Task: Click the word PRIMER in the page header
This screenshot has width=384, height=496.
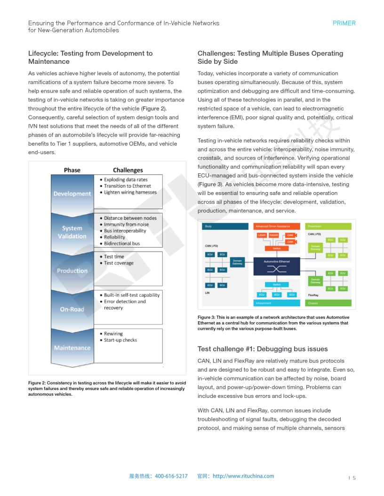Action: (344, 23)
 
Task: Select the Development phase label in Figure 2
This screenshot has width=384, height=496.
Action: (72, 194)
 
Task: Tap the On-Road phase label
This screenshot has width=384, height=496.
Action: (72, 309)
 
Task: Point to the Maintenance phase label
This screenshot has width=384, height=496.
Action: (72, 348)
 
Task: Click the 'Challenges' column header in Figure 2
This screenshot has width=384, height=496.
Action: (128, 170)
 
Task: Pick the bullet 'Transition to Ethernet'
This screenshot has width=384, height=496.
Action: (127, 186)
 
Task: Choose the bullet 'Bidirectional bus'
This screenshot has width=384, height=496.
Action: (121, 244)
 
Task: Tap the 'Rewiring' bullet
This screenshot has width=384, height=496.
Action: (113, 333)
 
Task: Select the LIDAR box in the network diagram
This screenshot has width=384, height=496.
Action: (261, 235)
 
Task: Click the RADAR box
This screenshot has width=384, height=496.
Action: (274, 235)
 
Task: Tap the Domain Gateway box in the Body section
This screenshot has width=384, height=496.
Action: (238, 263)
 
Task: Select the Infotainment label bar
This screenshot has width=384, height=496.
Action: (277, 303)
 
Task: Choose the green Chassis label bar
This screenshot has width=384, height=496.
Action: (328, 303)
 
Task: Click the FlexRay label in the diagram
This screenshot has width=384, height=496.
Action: (313, 295)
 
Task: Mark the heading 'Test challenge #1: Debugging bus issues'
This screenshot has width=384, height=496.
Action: (263, 349)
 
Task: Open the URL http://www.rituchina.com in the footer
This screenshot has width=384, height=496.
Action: (243, 476)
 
